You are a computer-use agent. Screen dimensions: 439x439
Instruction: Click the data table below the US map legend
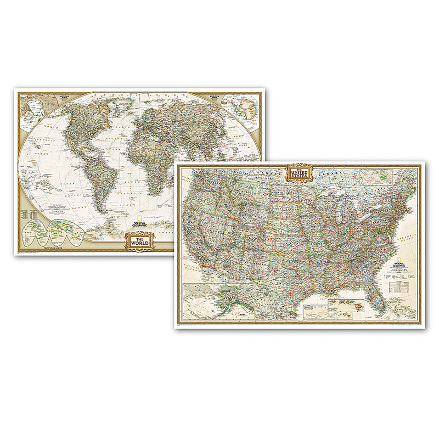click(399, 286)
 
